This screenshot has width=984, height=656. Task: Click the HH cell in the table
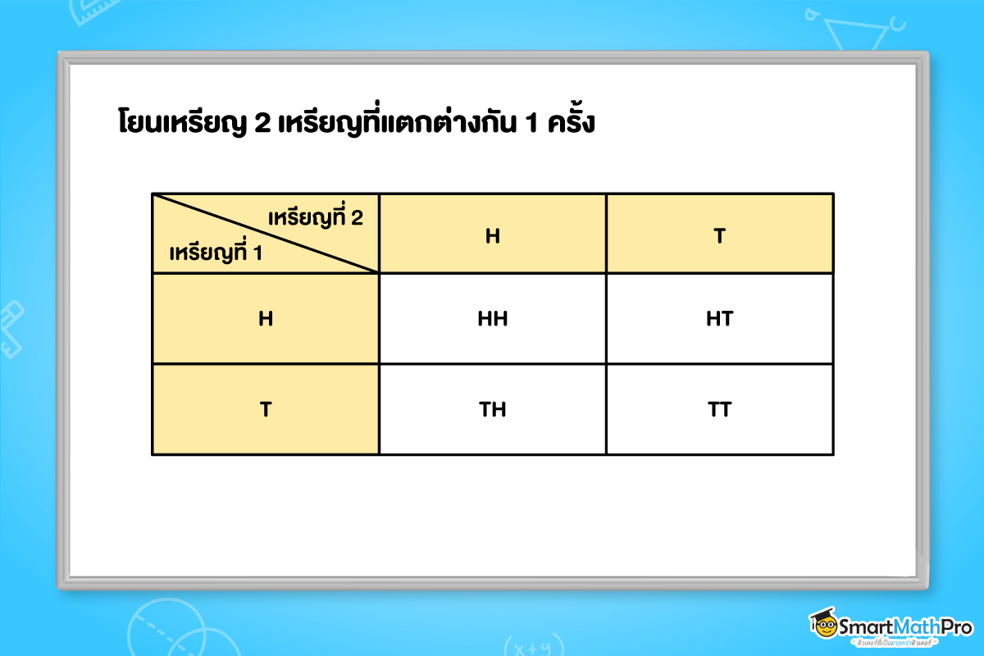click(x=492, y=318)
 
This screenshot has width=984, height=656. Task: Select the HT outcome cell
click(x=719, y=318)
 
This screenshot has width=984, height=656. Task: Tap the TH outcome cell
click(x=492, y=409)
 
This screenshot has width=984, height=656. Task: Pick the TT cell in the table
click(x=719, y=409)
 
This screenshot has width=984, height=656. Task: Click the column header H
click(x=492, y=236)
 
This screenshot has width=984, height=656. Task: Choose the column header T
click(x=719, y=236)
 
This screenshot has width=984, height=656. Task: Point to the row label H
click(x=265, y=318)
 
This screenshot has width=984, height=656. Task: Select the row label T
click(x=265, y=409)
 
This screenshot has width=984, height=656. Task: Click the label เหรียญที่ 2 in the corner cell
click(x=315, y=218)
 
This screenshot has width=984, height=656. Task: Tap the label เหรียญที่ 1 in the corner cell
click(x=215, y=253)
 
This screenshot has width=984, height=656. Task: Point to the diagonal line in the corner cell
click(x=266, y=233)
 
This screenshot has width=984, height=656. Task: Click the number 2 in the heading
click(x=262, y=125)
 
